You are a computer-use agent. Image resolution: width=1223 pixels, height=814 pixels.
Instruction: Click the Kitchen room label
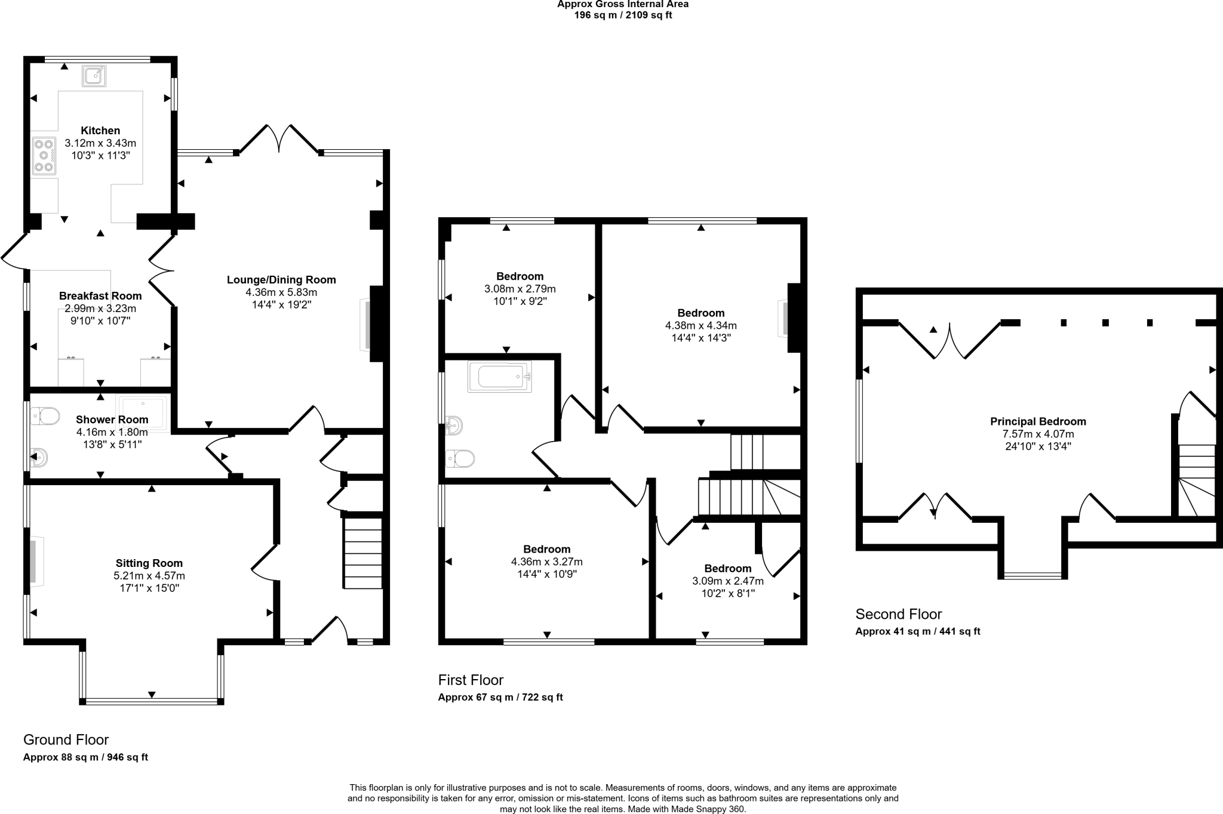coord(100,131)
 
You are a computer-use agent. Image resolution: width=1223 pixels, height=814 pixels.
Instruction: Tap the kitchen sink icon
coord(94,76)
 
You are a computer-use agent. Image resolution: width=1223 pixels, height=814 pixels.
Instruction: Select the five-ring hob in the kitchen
coord(44,156)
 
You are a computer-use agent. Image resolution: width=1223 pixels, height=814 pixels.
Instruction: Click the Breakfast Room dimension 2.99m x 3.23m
coord(100,309)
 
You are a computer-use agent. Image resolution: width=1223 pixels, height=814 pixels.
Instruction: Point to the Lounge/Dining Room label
coord(281,280)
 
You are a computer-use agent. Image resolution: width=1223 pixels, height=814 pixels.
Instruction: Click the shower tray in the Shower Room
coord(143,412)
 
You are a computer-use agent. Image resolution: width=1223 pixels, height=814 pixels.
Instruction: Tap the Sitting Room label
coord(149,563)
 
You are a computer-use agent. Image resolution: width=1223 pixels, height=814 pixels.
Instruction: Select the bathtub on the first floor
coord(500,377)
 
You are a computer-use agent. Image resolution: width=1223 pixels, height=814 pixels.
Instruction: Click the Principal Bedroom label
coord(1038,421)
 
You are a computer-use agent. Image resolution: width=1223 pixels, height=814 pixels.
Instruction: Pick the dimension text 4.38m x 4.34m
coord(700,326)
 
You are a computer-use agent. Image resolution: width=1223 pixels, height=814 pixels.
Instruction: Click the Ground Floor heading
coord(66,740)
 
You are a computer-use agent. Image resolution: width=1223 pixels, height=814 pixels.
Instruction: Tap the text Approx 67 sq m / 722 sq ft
coord(500,697)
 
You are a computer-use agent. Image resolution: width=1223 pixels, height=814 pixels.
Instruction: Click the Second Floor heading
coord(898,614)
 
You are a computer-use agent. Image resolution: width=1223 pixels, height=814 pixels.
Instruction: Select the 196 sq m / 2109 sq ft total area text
coord(623,16)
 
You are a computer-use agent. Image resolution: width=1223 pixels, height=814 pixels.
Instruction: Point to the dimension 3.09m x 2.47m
coord(727,581)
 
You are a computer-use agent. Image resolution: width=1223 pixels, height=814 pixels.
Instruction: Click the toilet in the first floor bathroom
coord(460,458)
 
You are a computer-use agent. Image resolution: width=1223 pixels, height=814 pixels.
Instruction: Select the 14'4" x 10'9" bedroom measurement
coord(546,574)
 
